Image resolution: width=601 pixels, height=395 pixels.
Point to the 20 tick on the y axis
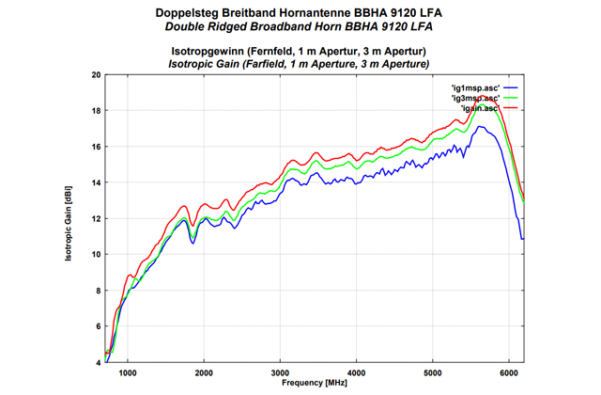click(x=96, y=75)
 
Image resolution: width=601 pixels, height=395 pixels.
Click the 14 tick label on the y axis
click(x=96, y=182)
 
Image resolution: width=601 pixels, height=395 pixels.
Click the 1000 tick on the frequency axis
click(x=128, y=371)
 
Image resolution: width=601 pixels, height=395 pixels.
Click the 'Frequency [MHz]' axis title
click(x=314, y=383)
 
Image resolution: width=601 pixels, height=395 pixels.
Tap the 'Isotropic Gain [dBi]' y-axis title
click(x=71, y=218)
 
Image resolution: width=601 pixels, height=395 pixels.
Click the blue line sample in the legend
click(x=511, y=87)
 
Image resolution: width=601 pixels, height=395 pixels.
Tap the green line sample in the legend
click(x=511, y=98)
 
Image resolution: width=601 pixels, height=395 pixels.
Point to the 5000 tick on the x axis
click(x=432, y=371)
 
